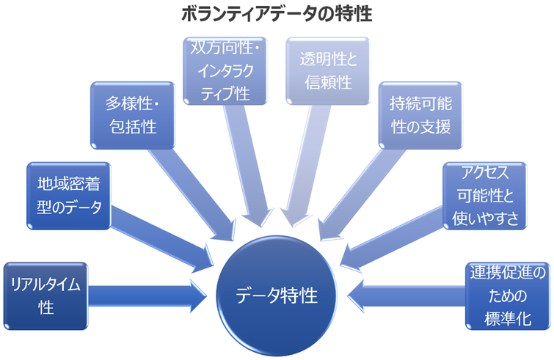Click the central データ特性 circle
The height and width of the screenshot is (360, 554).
click(277, 295)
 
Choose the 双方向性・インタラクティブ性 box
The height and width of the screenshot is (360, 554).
click(225, 71)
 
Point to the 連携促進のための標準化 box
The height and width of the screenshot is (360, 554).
click(507, 295)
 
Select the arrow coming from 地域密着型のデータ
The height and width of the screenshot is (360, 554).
click(161, 231)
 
